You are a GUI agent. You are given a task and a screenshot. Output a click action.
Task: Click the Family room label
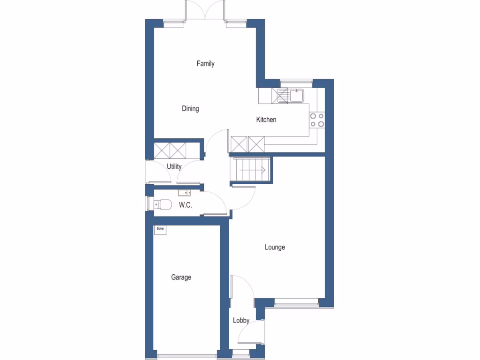tap(205, 63)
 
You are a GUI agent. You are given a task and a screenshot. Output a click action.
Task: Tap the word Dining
tap(190, 109)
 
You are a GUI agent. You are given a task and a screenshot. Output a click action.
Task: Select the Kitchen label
tap(266, 120)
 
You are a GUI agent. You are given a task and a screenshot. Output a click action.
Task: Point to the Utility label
tap(174, 166)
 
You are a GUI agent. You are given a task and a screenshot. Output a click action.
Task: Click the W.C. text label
tap(186, 205)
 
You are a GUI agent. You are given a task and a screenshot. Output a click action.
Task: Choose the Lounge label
tap(275, 247)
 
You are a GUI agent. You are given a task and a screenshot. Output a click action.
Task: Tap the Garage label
tap(181, 277)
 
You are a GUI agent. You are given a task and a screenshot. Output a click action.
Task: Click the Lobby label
tap(241, 321)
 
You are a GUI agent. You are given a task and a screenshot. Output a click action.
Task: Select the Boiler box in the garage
tap(161, 229)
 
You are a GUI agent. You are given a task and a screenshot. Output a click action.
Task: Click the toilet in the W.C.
tap(162, 205)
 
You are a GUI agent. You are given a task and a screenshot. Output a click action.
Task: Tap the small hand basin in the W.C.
tap(183, 192)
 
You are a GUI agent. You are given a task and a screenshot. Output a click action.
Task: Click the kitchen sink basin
tap(297, 96)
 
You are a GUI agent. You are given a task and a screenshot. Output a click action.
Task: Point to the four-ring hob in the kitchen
tap(317, 120)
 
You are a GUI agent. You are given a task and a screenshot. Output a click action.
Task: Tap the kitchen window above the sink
tap(296, 81)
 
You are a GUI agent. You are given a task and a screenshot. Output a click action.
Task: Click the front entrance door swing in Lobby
tap(248, 335)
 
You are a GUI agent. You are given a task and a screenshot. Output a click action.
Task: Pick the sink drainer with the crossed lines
tap(283, 96)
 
